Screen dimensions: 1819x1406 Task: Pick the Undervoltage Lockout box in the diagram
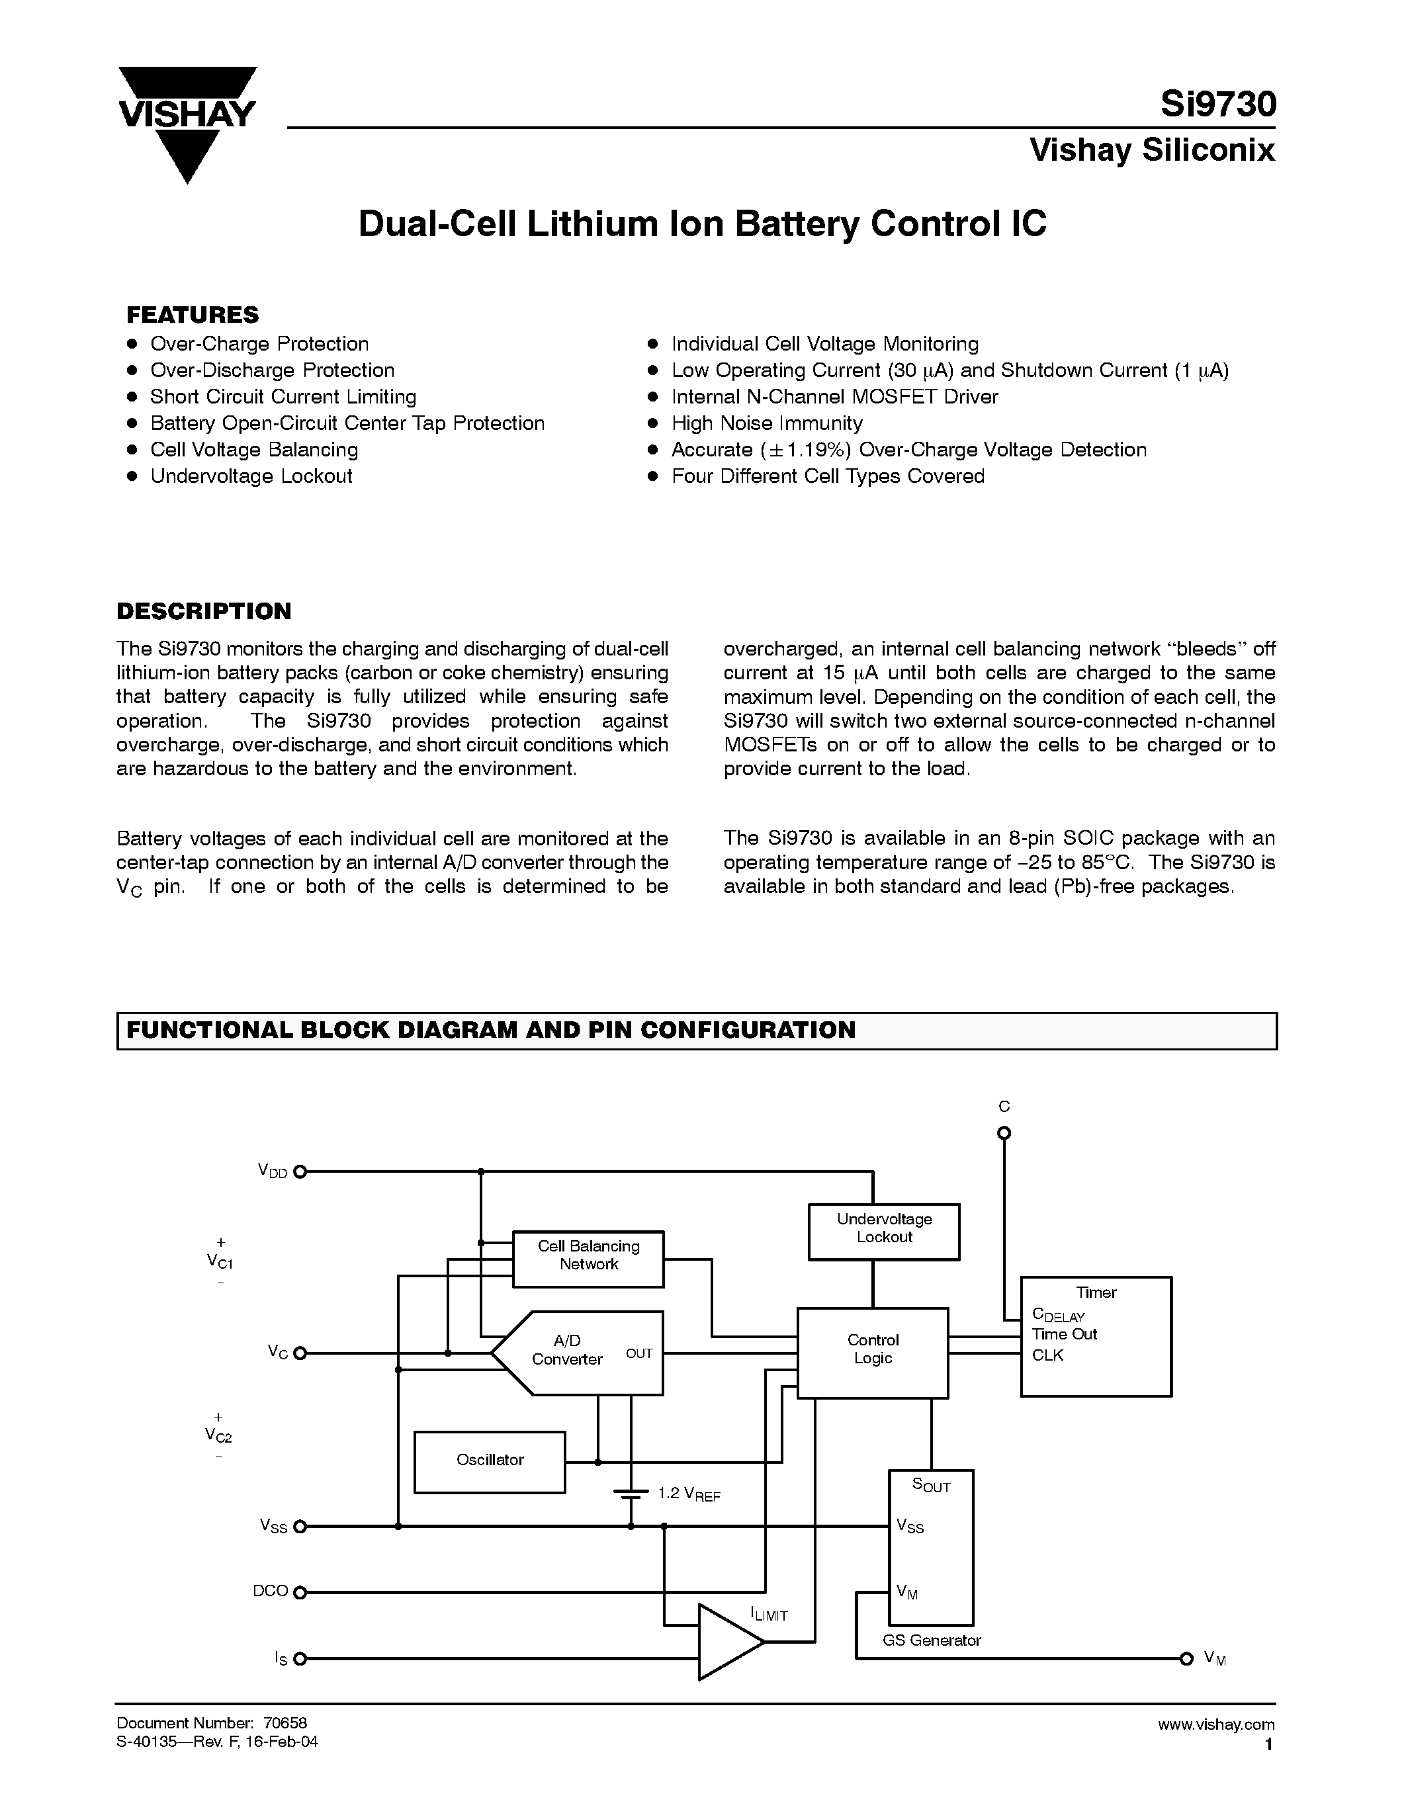click(x=884, y=1231)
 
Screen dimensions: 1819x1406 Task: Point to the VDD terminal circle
click(x=300, y=1171)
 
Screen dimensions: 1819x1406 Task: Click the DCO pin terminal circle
click(x=300, y=1593)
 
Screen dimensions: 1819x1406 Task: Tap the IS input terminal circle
click(x=300, y=1658)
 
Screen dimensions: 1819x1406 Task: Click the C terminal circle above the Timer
click(x=1004, y=1132)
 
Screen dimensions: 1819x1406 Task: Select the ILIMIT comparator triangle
click(x=726, y=1642)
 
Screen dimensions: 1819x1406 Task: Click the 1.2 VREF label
click(x=689, y=1494)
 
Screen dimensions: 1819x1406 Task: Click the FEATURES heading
click(x=193, y=315)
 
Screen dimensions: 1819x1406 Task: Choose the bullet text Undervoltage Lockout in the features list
click(x=251, y=476)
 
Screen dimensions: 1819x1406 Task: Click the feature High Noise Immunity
click(x=766, y=423)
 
